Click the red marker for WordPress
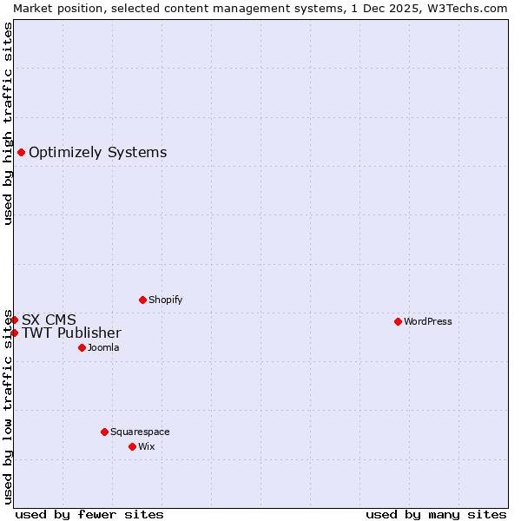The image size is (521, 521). [x=398, y=321]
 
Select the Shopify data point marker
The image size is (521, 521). [x=142, y=300]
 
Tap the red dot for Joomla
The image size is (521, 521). [x=82, y=347]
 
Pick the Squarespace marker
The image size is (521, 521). [x=104, y=432]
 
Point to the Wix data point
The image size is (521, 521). [x=132, y=446]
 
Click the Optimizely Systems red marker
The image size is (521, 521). [x=21, y=153]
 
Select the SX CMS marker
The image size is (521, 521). [x=14, y=320]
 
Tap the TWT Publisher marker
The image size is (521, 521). [x=14, y=333]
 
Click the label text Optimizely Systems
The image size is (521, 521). [x=97, y=153]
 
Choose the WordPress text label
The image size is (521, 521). [x=427, y=321]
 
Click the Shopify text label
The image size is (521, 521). [x=165, y=300]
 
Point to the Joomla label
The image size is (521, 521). [x=103, y=347]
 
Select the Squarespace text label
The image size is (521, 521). [x=140, y=432]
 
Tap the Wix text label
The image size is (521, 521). [x=146, y=446]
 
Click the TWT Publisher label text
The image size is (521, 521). [x=71, y=333]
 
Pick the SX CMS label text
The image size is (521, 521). [x=49, y=320]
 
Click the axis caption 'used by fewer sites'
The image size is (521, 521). [x=89, y=514]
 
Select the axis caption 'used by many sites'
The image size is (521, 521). [x=436, y=514]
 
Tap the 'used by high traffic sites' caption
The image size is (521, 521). [x=8, y=123]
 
